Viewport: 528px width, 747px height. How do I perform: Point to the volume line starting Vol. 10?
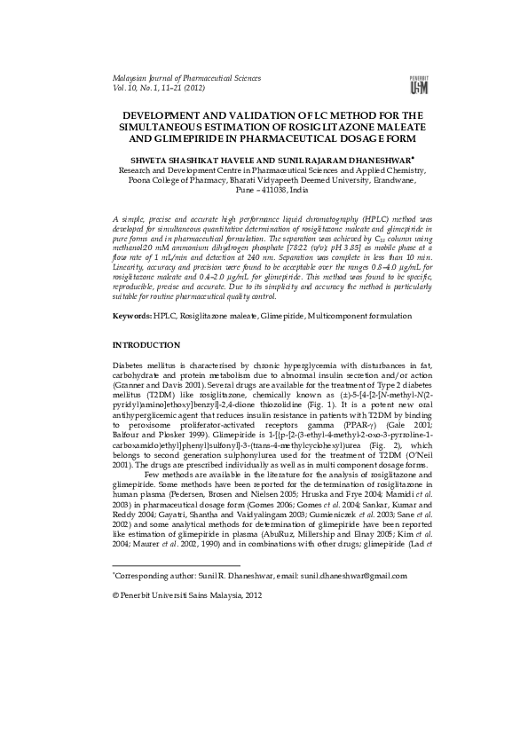pyautogui.click(x=154, y=89)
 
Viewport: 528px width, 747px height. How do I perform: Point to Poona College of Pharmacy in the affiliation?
pyautogui.click(x=177, y=179)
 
